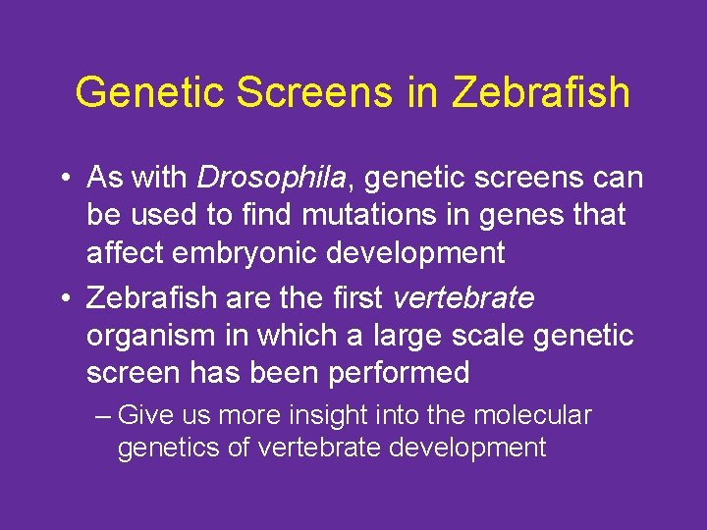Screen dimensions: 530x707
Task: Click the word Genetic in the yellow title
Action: (x=136, y=92)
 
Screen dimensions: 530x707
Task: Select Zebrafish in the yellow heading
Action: (x=540, y=92)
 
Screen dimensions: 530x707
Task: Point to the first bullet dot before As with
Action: (x=63, y=179)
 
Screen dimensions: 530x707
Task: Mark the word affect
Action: (x=125, y=252)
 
